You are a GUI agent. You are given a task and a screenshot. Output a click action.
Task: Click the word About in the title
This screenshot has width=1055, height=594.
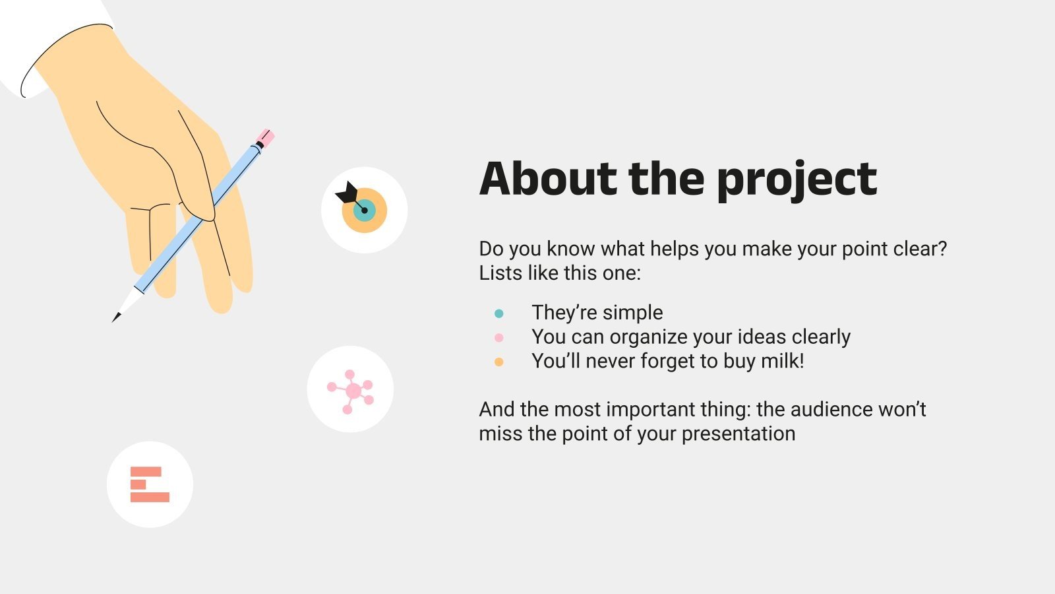pyautogui.click(x=547, y=180)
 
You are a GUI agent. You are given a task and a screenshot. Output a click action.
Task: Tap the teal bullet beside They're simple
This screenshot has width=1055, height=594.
pyautogui.click(x=498, y=313)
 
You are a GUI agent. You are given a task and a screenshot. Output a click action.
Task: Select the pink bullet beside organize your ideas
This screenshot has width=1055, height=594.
pyautogui.click(x=498, y=338)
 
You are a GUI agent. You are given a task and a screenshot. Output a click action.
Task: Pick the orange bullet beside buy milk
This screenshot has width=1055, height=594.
pyautogui.click(x=498, y=362)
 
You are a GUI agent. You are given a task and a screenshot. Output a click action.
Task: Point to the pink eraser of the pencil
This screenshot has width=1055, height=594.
pyautogui.click(x=265, y=138)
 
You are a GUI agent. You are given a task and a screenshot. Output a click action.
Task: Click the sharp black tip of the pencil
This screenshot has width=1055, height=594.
pyautogui.click(x=117, y=318)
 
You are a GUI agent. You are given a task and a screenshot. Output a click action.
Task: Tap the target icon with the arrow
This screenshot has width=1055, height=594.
pyautogui.click(x=364, y=210)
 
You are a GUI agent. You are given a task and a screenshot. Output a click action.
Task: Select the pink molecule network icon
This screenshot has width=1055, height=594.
pyautogui.click(x=350, y=390)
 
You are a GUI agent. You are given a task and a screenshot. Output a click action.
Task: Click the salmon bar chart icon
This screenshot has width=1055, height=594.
pyautogui.click(x=150, y=484)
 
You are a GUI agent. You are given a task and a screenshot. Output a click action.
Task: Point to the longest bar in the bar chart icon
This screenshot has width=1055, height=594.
pyautogui.click(x=150, y=497)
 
